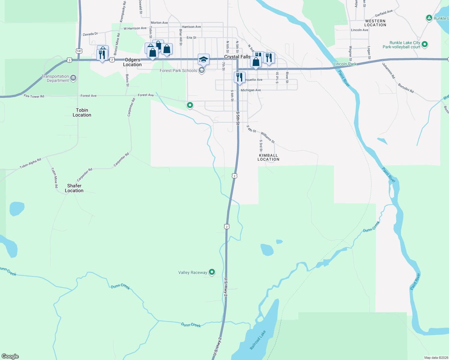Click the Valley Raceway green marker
[212, 272]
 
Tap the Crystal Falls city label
[237, 57]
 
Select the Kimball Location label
[268, 157]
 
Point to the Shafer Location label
[74, 188]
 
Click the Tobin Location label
[82, 112]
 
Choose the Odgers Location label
[132, 62]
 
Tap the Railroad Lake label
[258, 340]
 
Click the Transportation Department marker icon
[73, 78]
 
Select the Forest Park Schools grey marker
[202, 70]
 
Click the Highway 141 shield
[79, 51]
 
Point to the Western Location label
[375, 23]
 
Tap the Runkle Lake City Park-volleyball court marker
[425, 44]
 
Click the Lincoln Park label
[345, 64]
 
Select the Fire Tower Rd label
[34, 96]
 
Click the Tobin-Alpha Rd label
[30, 163]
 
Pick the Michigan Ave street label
[251, 90]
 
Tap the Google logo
[10, 356]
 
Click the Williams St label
[268, 137]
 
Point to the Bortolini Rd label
[406, 88]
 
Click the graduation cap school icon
[203, 59]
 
